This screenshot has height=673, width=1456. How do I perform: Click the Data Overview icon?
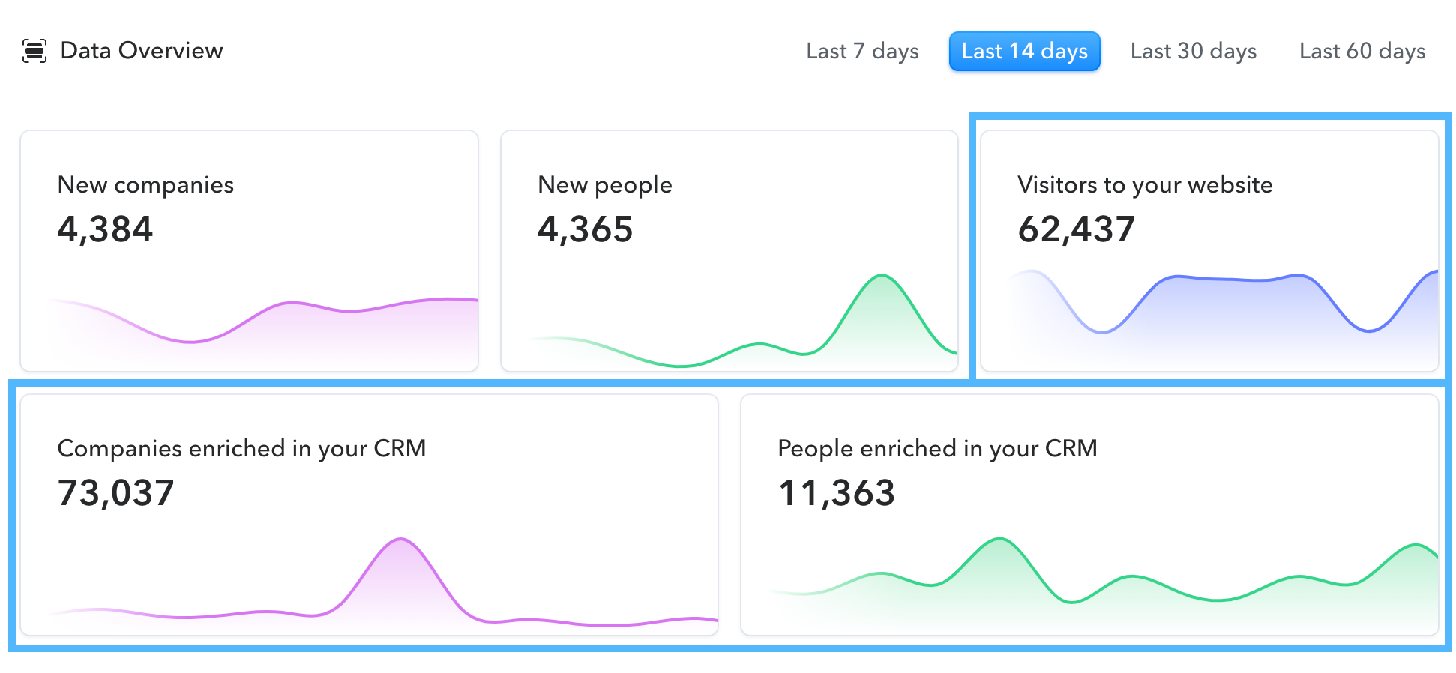pos(34,51)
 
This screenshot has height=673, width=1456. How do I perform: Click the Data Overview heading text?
pos(142,51)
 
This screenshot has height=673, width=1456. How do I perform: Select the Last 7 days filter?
pos(862,52)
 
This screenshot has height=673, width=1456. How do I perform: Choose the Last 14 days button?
pos(1024,52)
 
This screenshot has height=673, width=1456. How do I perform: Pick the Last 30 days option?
pos(1193,52)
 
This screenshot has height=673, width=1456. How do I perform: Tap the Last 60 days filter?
pos(1362,52)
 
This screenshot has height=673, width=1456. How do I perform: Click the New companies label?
pos(145,185)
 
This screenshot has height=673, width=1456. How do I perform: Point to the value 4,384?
pos(105,229)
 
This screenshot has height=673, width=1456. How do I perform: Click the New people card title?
pos(604,185)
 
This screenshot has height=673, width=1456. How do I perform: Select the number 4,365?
pos(585,229)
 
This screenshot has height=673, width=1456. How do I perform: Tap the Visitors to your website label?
pos(1145,185)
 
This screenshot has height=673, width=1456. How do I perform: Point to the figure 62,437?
pos(1076,229)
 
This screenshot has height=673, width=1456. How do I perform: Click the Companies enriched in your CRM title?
pos(241,449)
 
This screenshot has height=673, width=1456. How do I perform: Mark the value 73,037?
pos(115,493)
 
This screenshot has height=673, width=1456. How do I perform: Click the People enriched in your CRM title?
pos(937,449)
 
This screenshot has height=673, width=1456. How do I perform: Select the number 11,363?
pos(836,493)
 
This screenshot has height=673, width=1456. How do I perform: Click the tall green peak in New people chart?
pos(882,277)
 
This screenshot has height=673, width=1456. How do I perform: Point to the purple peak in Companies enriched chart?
pos(402,540)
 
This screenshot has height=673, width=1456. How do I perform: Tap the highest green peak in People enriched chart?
pos(999,540)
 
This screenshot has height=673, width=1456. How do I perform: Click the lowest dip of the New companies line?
pos(191,342)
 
